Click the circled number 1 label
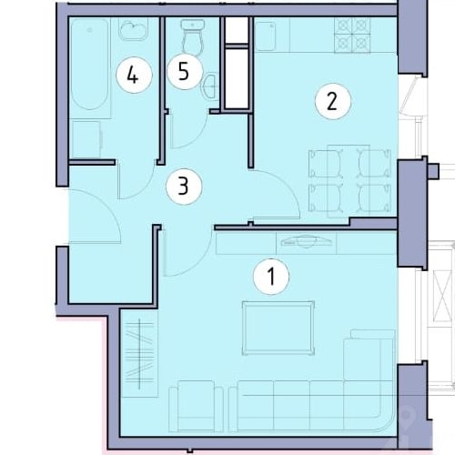click(271, 277)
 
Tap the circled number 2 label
click(333, 101)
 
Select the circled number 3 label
click(184, 186)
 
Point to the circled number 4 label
click(134, 76)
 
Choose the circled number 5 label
click(184, 72)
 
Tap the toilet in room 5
click(193, 37)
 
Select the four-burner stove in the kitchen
click(352, 35)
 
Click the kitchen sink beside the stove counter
click(266, 36)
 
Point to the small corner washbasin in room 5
click(210, 86)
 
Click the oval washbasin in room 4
click(133, 30)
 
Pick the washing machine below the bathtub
click(86, 140)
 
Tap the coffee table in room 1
click(278, 328)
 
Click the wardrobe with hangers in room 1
click(139, 353)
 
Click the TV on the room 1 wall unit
click(306, 241)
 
